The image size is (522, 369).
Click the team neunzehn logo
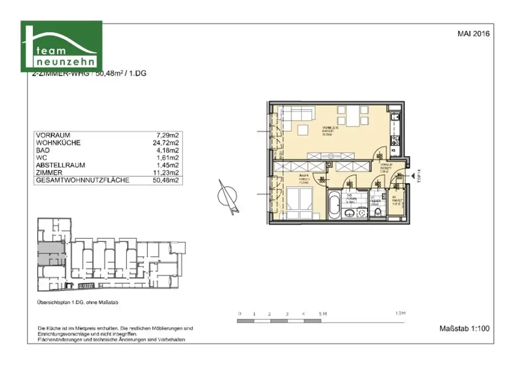click(x=61, y=46)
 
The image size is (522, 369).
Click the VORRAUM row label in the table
click(x=53, y=135)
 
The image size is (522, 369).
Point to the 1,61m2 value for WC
click(x=167, y=158)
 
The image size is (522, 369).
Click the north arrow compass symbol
click(x=228, y=196)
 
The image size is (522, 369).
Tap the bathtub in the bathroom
click(x=334, y=205)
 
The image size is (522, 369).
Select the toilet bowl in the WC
click(x=378, y=211)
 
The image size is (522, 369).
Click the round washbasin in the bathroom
click(x=362, y=212)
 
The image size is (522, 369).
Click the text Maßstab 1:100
click(x=464, y=328)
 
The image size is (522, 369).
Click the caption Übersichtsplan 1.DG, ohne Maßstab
click(x=78, y=302)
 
